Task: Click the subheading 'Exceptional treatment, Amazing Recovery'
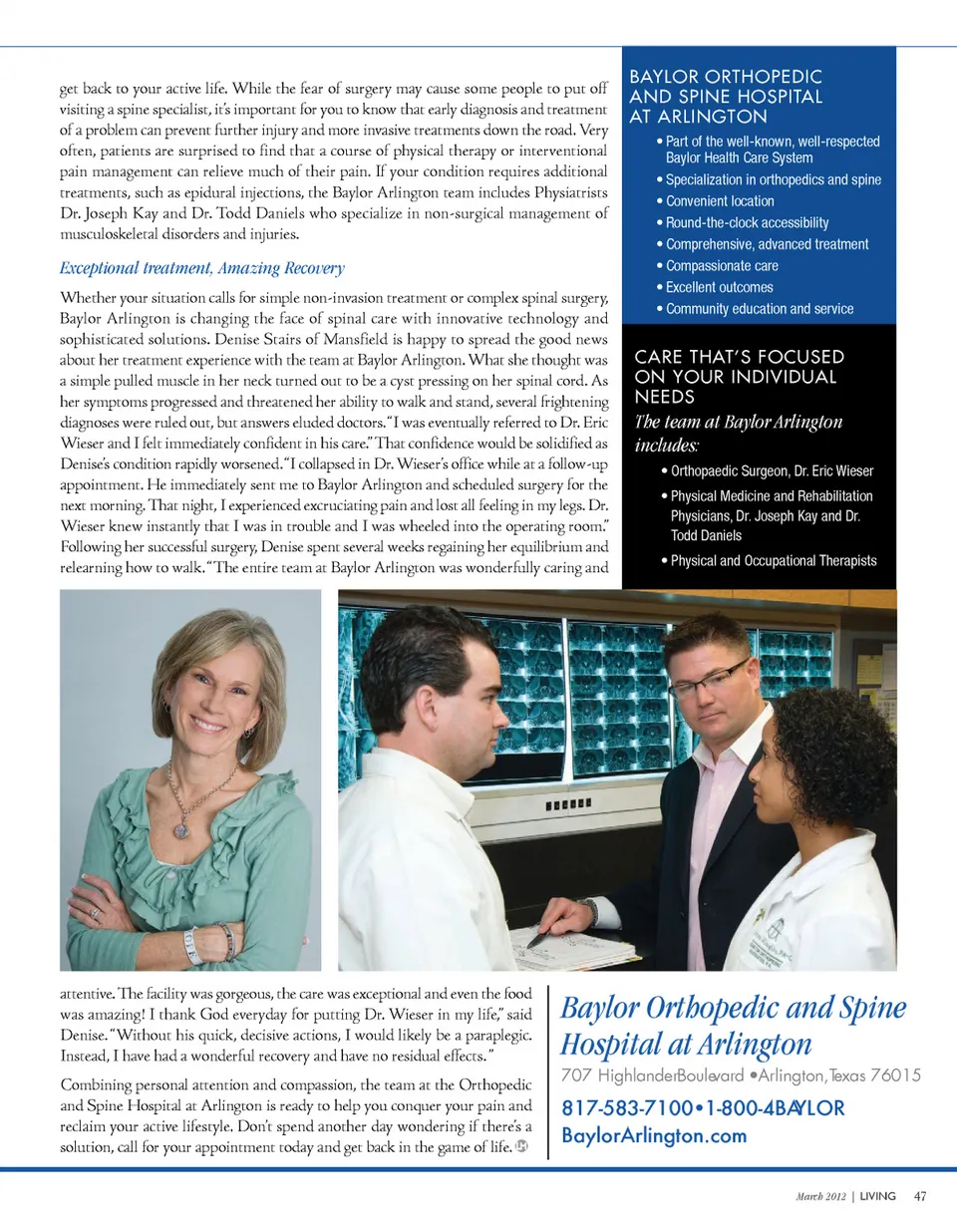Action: pos(202,268)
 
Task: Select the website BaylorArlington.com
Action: pos(654,1136)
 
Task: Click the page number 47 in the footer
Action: pos(920,1196)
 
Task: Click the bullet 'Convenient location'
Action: pos(719,201)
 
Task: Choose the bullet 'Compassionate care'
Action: pos(722,266)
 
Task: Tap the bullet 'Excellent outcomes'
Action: pos(719,287)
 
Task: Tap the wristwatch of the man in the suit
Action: pos(589,910)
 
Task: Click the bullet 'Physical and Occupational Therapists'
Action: pos(773,561)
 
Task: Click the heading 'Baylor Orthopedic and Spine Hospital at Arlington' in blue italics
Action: pos(734,1026)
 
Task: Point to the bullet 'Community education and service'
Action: pos(759,309)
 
